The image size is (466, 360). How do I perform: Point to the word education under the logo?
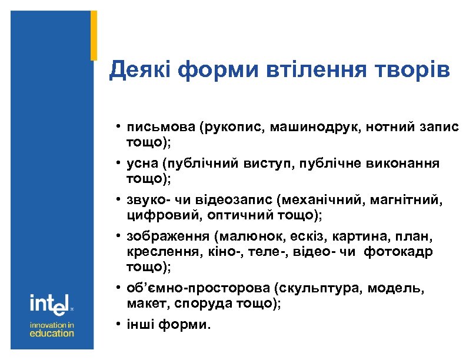[52, 333]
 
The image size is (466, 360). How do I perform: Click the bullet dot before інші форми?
[119, 324]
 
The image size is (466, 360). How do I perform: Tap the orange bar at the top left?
[94, 35]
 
